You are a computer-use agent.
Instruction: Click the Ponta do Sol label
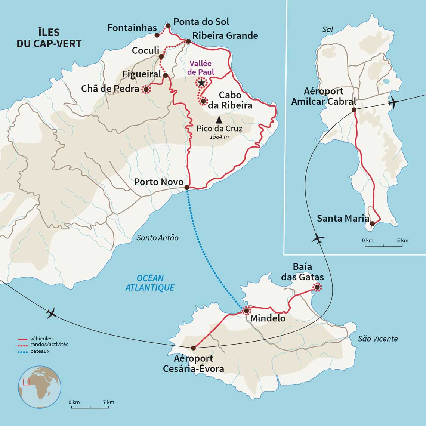coord(201,22)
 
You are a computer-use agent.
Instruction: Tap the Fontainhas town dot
coord(157,35)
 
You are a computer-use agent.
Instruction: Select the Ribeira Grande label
coord(225,35)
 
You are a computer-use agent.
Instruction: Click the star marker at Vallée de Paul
coord(201,82)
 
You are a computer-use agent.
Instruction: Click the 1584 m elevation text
coord(219,136)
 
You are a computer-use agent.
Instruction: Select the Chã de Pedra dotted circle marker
coord(146,89)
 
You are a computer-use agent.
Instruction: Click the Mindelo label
coord(268,318)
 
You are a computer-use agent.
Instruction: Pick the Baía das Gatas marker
coord(317,287)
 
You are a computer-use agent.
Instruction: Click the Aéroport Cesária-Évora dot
coord(193,348)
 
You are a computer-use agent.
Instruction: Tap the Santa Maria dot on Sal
coord(372,223)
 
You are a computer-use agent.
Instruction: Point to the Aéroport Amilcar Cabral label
coord(324,96)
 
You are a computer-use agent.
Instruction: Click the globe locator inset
coord(40,387)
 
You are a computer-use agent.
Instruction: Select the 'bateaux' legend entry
coord(40,351)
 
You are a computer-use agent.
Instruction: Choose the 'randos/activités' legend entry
coord(49,345)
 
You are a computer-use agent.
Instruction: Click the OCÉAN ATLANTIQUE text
coord(150,283)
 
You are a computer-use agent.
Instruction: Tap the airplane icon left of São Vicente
coord(51,313)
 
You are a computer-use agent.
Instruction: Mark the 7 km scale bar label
coord(108,402)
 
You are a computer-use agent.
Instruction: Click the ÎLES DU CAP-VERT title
coord(49,38)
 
